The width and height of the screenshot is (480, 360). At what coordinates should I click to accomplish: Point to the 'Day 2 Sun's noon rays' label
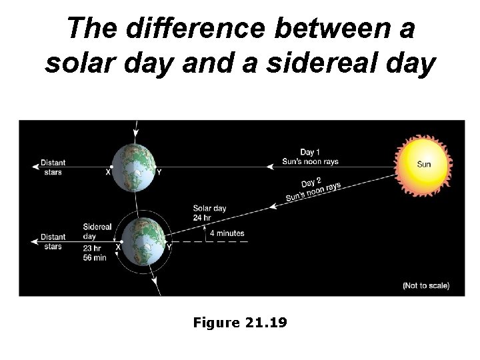click(x=312, y=189)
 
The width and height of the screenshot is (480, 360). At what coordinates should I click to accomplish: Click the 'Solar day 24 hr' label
click(x=209, y=212)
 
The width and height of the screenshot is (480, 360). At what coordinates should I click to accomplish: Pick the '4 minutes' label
click(x=227, y=233)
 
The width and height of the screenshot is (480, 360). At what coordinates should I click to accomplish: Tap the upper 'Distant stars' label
click(x=53, y=167)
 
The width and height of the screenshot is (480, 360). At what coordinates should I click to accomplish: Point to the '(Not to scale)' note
click(x=426, y=285)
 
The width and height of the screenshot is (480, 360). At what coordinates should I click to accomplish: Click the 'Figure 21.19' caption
click(x=239, y=323)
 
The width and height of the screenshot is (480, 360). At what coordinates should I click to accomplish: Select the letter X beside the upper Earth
click(x=108, y=172)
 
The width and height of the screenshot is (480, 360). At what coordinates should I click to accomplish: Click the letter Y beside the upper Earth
click(x=159, y=173)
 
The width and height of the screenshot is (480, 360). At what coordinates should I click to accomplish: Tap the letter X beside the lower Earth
click(x=118, y=247)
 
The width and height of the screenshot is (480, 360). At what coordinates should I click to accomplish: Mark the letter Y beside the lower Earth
click(x=168, y=247)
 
